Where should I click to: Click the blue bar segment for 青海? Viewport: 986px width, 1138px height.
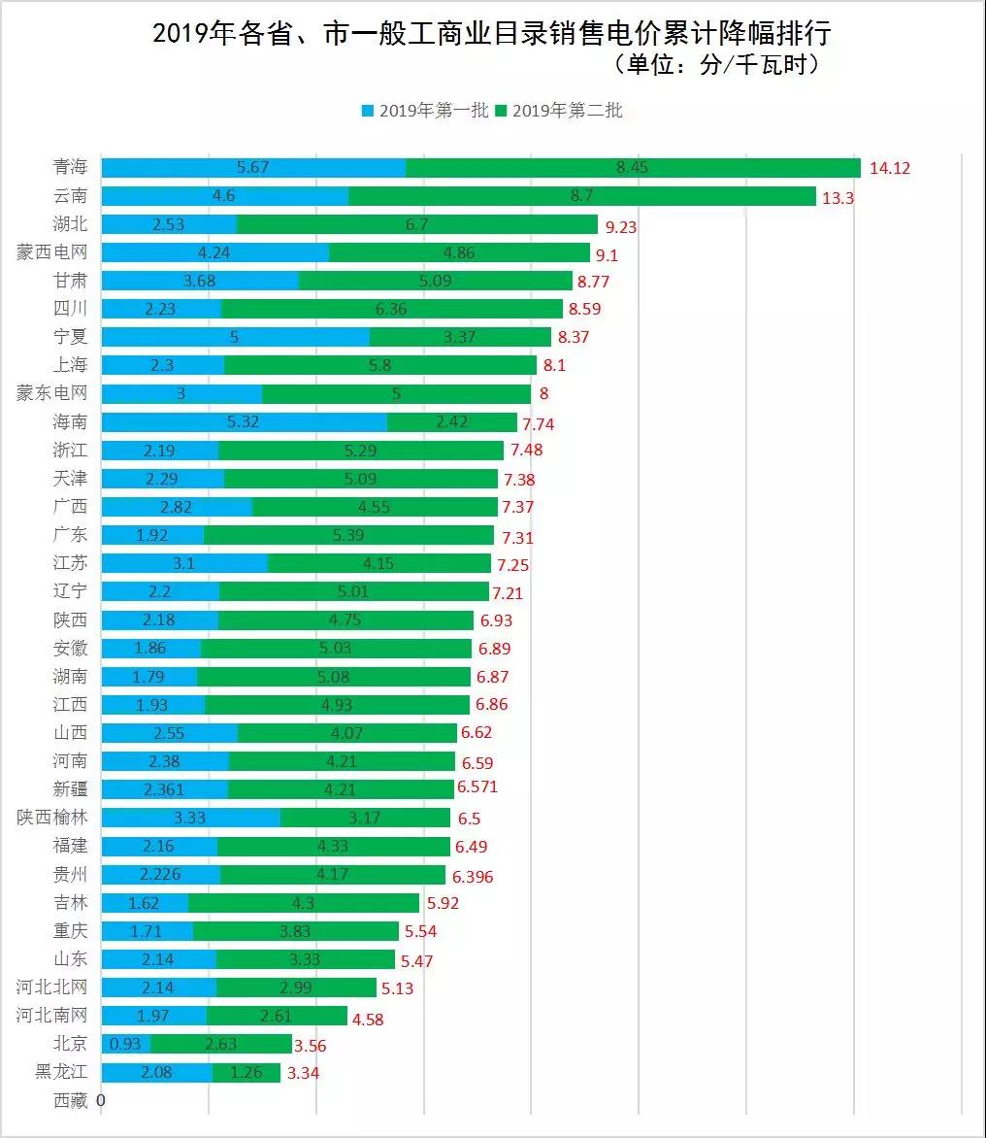tap(253, 168)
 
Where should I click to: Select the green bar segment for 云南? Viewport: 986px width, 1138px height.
tap(582, 196)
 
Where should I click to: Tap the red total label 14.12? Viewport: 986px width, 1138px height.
tap(890, 168)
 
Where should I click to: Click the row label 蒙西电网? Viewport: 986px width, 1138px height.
tap(52, 252)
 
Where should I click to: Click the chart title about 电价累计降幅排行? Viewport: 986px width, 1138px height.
tap(492, 34)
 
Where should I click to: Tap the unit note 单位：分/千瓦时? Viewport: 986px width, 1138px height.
tap(717, 65)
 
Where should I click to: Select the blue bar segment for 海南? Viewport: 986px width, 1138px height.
tap(245, 422)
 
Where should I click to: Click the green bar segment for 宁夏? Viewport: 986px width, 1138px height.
tap(460, 337)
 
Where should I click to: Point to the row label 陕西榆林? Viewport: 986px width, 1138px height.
tap(52, 818)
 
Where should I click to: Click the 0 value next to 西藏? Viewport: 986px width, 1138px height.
tap(101, 1100)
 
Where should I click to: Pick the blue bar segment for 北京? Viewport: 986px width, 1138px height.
tap(125, 1044)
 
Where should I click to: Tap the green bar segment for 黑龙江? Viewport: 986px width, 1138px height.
tap(246, 1073)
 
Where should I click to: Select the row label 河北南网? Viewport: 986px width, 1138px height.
tap(52, 1016)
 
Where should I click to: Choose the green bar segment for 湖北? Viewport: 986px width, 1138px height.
tap(417, 224)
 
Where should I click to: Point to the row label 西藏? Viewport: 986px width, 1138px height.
tap(71, 1100)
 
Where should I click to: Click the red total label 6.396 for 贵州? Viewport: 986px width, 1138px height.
tap(474, 877)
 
